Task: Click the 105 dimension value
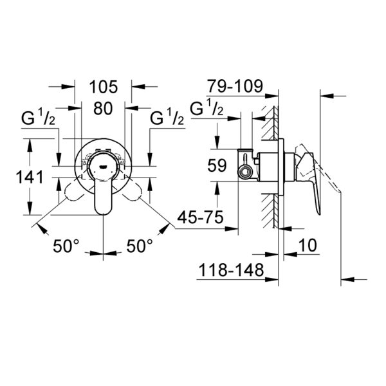[x=104, y=87]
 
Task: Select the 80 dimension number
[x=103, y=109]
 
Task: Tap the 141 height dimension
[x=30, y=177]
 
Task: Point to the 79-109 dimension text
[x=235, y=86]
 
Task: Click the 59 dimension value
[x=217, y=165]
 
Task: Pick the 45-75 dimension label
[x=200, y=217]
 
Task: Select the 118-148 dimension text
[x=231, y=270]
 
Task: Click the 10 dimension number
[x=308, y=245]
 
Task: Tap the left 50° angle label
[x=66, y=246]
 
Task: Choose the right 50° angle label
[x=140, y=246]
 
